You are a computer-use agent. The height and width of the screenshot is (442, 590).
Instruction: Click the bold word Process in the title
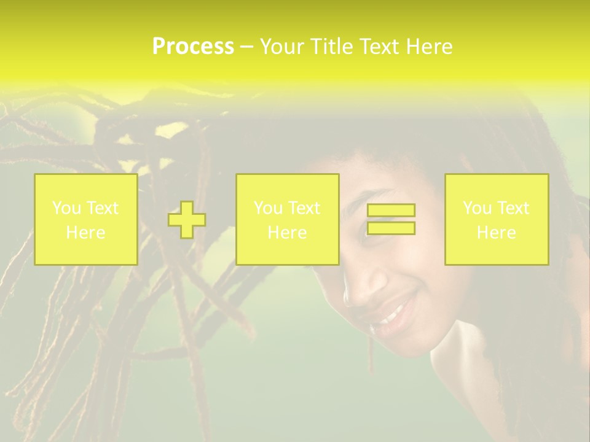(x=193, y=47)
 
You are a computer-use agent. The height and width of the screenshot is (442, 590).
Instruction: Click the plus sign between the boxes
(x=187, y=220)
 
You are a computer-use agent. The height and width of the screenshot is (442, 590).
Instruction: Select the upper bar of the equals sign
(x=391, y=211)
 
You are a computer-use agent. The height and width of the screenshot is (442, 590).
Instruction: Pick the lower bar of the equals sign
(x=391, y=228)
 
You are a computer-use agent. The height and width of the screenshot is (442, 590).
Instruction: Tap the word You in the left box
(x=66, y=208)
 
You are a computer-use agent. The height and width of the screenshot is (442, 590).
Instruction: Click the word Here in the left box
(x=85, y=233)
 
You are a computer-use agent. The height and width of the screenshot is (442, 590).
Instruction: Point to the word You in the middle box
(x=268, y=208)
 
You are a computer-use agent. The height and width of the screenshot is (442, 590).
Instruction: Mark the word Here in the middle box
(x=287, y=233)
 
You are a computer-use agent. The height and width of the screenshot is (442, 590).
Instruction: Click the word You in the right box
(x=477, y=208)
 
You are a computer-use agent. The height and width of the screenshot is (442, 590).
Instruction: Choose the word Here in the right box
(x=496, y=233)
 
